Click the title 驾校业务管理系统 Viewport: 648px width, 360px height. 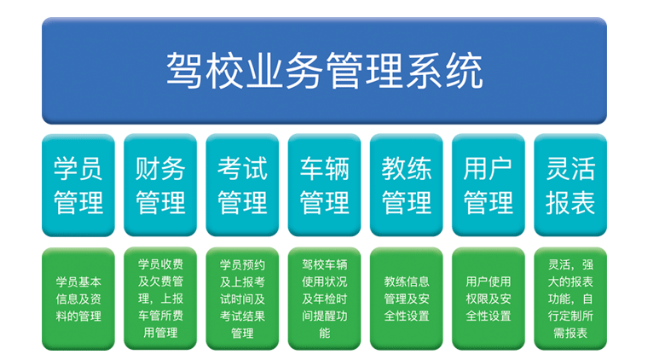pyautogui.click(x=324, y=71)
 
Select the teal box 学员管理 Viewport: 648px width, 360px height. pyautogui.click(x=78, y=185)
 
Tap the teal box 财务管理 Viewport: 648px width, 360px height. pyautogui.click(x=160, y=185)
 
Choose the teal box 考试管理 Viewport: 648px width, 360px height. pyautogui.click(x=242, y=185)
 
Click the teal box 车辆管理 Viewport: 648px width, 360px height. pyautogui.click(x=324, y=185)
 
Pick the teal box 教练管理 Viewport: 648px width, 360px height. pyautogui.click(x=406, y=185)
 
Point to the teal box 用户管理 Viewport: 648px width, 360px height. pyautogui.click(x=489, y=185)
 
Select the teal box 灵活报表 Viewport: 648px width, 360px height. pyautogui.click(x=570, y=185)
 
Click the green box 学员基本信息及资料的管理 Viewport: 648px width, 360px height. pyautogui.click(x=78, y=299)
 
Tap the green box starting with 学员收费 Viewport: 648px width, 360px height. pyautogui.click(x=160, y=299)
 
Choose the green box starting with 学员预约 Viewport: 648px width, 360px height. pyautogui.click(x=242, y=299)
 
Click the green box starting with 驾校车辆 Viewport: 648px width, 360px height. pyautogui.click(x=324, y=299)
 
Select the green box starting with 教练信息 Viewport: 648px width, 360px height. pyautogui.click(x=406, y=299)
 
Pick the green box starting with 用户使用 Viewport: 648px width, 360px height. pyautogui.click(x=489, y=299)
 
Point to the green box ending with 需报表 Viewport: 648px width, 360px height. pyautogui.click(x=570, y=299)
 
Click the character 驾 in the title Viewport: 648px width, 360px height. pyautogui.click(x=184, y=71)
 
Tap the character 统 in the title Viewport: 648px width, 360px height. pyautogui.click(x=465, y=71)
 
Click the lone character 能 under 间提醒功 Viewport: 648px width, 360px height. pyautogui.click(x=324, y=334)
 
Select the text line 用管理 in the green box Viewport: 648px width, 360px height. pyautogui.click(x=160, y=333)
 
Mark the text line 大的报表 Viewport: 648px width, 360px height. pyautogui.click(x=570, y=282)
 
